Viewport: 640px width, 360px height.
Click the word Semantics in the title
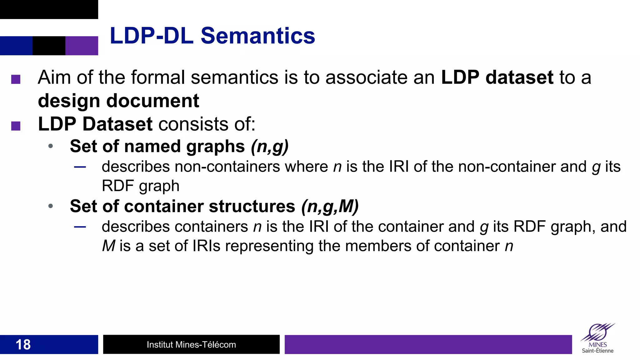pos(257,36)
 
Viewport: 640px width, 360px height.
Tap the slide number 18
pos(23,345)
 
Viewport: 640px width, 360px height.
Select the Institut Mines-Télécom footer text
pos(191,345)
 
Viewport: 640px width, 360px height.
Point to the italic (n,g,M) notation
pos(330,206)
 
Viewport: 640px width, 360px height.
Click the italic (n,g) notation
pos(270,146)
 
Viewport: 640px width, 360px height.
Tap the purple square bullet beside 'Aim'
pos(16,79)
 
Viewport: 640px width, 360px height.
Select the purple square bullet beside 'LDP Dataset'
pos(16,126)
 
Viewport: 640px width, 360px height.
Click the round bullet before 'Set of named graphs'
pos(51,146)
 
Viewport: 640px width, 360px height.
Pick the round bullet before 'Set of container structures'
pos(51,206)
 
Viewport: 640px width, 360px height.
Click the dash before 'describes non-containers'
pos(80,167)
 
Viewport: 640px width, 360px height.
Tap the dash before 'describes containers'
pos(80,227)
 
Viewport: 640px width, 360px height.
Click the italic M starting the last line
pos(109,246)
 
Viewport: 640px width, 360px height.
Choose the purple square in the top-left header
pos(82,46)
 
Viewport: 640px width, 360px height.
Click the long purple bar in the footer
pos(428,344)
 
